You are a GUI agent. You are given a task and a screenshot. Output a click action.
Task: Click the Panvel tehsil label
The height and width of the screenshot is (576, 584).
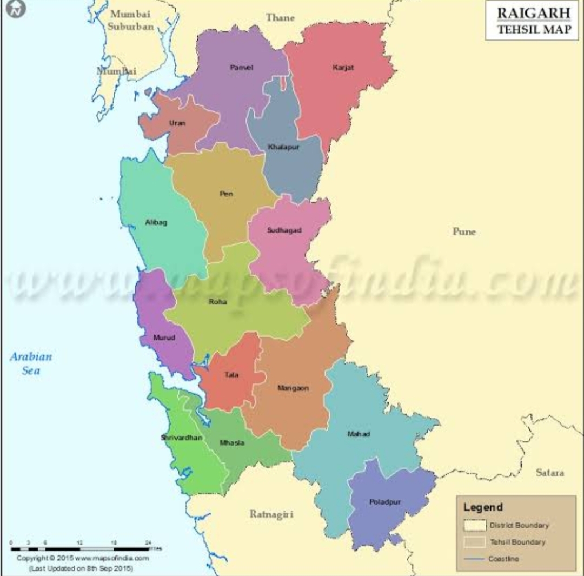241,68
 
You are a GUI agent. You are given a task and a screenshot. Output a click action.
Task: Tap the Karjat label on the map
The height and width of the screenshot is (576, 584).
343,68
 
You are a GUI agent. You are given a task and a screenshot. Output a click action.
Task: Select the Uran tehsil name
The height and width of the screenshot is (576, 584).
177,123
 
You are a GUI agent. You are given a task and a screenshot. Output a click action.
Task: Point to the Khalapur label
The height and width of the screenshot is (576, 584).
283,147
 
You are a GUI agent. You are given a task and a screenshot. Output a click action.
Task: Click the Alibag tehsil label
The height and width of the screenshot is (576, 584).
156,222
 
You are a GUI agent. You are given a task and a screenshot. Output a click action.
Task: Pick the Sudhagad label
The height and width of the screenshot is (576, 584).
284,230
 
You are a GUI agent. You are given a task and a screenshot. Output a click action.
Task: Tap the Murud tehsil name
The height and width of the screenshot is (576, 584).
164,337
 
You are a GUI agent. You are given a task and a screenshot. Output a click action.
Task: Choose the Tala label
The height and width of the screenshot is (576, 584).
231,374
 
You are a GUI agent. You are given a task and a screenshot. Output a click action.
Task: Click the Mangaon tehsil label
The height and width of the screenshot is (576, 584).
293,388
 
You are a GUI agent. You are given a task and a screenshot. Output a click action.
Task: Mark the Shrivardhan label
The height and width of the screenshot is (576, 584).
182,438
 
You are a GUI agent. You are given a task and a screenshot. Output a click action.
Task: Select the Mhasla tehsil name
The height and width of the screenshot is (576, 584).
232,443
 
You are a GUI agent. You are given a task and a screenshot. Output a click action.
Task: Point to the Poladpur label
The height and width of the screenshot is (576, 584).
385,502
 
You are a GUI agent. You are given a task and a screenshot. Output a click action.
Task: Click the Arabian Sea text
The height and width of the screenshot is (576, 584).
31,363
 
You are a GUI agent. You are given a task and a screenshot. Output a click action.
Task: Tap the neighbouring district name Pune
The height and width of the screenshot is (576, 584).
464,231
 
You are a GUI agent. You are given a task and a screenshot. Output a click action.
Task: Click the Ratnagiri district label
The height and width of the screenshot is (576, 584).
271,514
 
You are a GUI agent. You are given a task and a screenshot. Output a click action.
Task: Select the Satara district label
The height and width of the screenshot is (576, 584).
550,473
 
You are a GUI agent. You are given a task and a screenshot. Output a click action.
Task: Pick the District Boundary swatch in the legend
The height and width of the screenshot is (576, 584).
475,526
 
